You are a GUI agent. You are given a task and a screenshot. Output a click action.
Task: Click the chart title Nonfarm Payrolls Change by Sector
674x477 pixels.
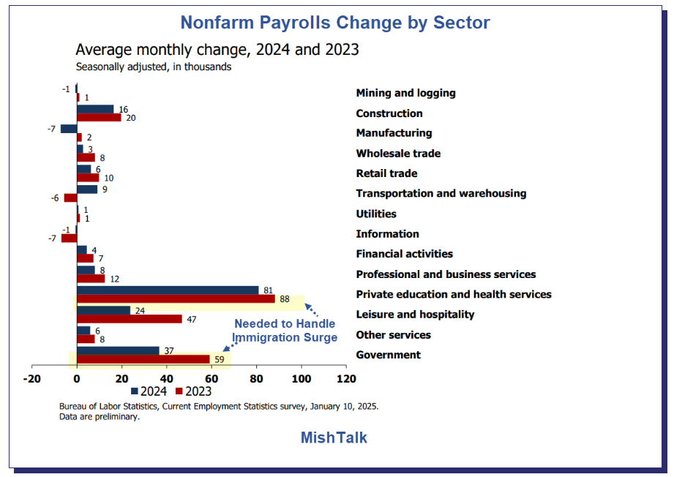coord(335,23)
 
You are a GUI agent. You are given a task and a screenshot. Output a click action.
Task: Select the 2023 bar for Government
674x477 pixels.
coord(143,359)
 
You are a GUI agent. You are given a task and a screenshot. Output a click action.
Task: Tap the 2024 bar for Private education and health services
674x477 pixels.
coord(168,290)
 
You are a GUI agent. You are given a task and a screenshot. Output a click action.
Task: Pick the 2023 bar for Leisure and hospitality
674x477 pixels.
coord(129,319)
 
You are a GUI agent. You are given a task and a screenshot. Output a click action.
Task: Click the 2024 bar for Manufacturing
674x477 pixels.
coord(69,129)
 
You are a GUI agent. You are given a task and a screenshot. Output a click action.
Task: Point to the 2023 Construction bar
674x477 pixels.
coord(99,117)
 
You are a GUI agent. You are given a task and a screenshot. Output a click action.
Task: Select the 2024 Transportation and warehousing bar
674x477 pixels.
coord(87,189)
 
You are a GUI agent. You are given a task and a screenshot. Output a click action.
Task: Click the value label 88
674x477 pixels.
coord(285,298)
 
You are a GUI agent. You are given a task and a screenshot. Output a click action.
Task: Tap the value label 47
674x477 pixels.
coord(191,319)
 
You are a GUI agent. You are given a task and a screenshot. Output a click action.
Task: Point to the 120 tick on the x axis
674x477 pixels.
coord(346,379)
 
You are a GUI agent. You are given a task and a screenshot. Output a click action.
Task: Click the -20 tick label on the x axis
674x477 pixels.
coord(31,379)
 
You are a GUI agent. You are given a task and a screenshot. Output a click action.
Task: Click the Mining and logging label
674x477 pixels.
coord(405,93)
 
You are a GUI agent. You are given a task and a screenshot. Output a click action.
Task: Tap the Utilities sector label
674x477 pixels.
coord(376,214)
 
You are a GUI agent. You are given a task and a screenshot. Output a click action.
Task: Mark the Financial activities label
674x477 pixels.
coord(404,254)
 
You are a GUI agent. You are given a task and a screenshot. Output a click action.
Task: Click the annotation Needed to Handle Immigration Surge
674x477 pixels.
coord(285,331)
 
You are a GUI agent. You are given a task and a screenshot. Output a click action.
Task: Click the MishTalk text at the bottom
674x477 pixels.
coord(334,437)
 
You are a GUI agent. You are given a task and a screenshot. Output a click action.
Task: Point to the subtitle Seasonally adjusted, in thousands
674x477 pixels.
coord(154,67)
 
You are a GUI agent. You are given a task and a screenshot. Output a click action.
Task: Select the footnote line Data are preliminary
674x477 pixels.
coord(100,417)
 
